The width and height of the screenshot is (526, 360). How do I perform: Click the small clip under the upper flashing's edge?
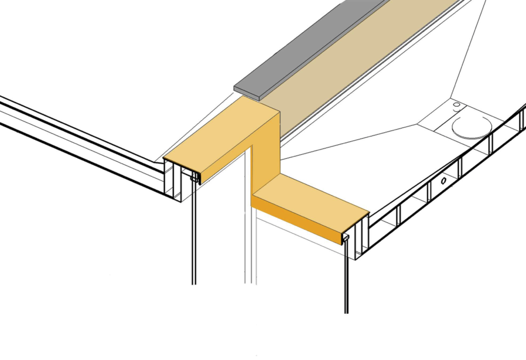(x=197, y=178)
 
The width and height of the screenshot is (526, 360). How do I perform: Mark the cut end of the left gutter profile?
(x=173, y=180)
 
